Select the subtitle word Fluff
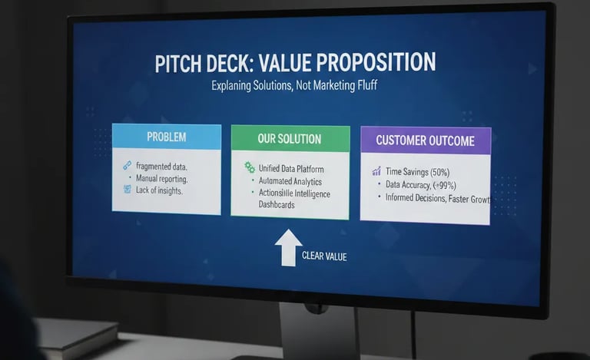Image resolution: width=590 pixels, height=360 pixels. click(362, 86)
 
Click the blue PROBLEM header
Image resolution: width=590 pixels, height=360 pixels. click(166, 137)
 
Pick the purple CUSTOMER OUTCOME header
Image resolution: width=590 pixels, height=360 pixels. click(425, 140)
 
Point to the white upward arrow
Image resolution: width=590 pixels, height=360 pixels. click(288, 247)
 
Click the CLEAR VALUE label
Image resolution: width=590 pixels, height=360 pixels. click(323, 256)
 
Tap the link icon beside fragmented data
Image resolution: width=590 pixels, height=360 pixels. click(127, 166)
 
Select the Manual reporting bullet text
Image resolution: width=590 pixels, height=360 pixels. click(161, 178)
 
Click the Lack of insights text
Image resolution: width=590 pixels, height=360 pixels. click(159, 190)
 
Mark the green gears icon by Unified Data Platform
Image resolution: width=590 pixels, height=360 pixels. click(249, 167)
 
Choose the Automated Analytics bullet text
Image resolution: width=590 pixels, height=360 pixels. click(290, 181)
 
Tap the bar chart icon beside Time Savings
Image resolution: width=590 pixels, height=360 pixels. click(376, 172)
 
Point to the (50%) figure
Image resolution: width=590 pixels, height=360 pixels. click(439, 172)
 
